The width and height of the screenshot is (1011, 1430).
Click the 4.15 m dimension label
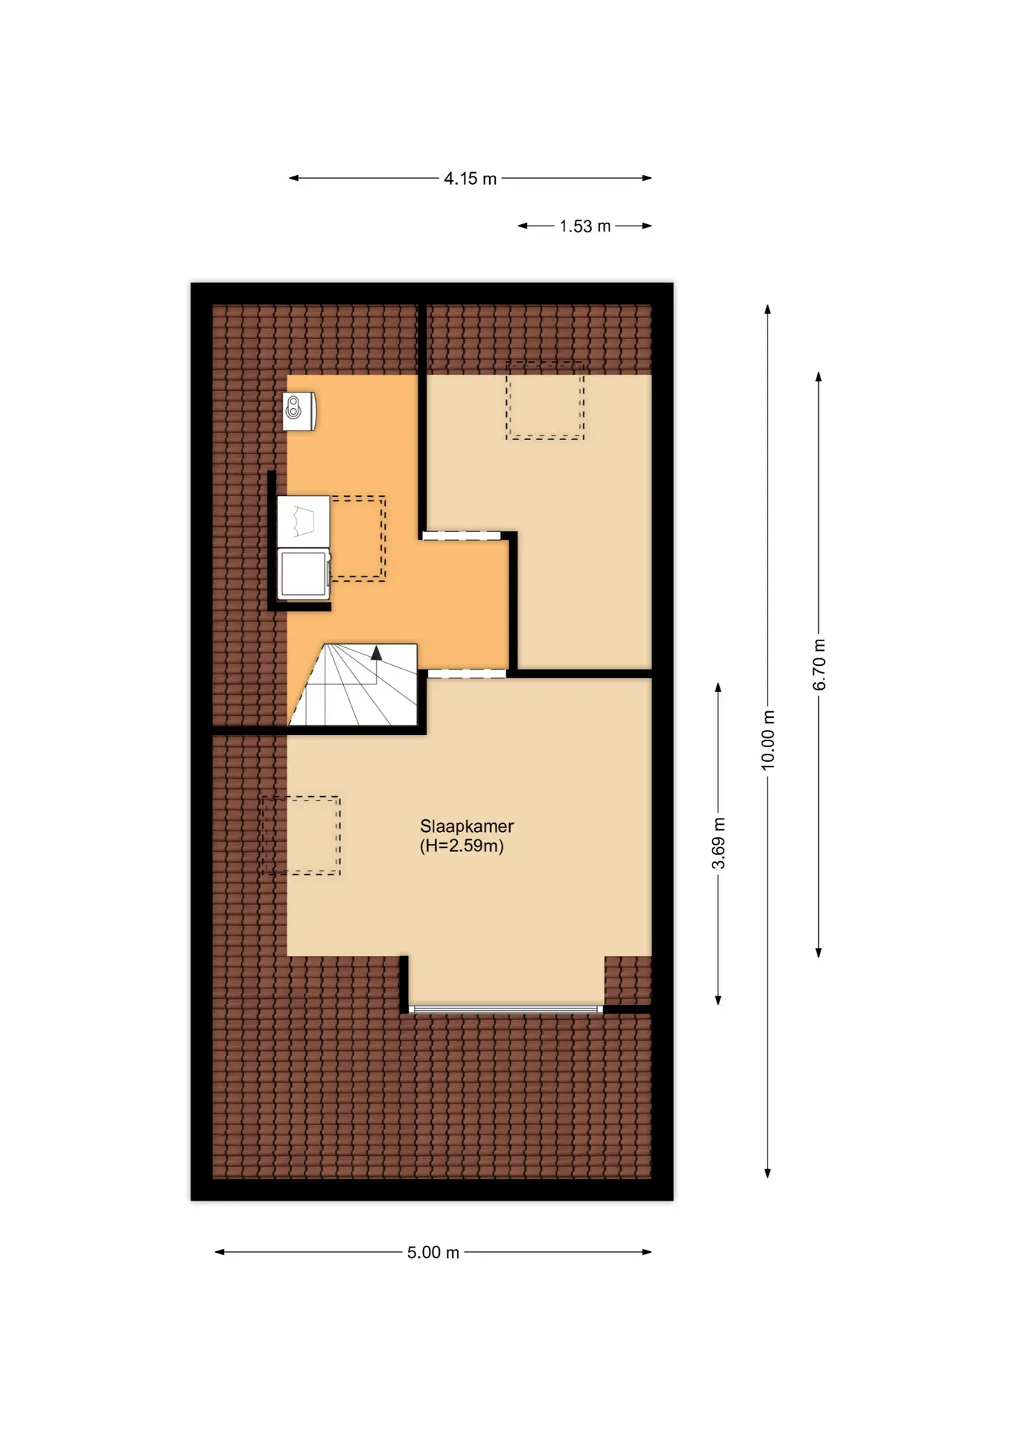click(x=470, y=179)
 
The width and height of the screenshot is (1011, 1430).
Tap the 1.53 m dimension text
click(x=585, y=226)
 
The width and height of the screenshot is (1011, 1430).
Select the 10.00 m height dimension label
click(x=768, y=740)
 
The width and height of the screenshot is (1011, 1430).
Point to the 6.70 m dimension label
click(x=819, y=664)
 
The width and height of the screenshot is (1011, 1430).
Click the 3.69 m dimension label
click(x=718, y=843)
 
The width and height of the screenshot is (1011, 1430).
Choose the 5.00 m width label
click(x=433, y=1253)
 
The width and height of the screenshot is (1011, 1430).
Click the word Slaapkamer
click(x=467, y=826)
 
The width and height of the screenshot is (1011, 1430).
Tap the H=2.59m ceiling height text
click(x=462, y=846)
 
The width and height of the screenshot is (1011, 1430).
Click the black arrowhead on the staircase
click(x=376, y=652)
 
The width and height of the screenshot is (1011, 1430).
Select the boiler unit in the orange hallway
click(x=299, y=410)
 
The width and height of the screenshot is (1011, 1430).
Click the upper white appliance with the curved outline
click(x=304, y=521)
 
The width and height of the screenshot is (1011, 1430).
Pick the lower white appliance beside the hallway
click(x=304, y=573)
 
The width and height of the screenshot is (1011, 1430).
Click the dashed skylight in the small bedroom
click(x=545, y=401)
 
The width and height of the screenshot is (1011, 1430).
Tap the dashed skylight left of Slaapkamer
click(x=300, y=836)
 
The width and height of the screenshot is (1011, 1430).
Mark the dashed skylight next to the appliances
click(x=358, y=538)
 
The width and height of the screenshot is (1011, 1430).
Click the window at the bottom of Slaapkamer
click(x=505, y=1009)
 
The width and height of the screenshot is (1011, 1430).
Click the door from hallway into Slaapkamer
click(x=467, y=673)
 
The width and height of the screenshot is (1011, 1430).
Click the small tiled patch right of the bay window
click(x=628, y=980)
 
